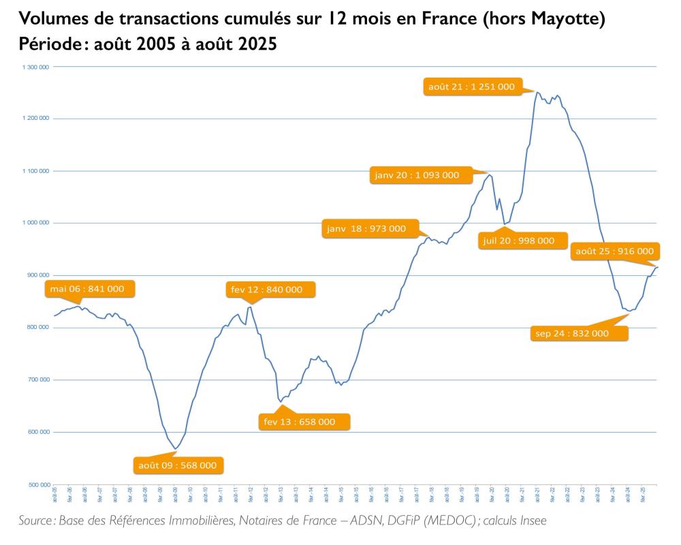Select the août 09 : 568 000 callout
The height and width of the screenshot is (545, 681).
178,466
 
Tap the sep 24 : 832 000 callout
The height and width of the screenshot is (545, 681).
577,333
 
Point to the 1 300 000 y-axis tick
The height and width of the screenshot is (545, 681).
33,67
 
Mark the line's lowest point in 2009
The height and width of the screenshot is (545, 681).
176,449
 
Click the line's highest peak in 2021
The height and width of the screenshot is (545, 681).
537,92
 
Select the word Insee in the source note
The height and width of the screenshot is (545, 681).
531,521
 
